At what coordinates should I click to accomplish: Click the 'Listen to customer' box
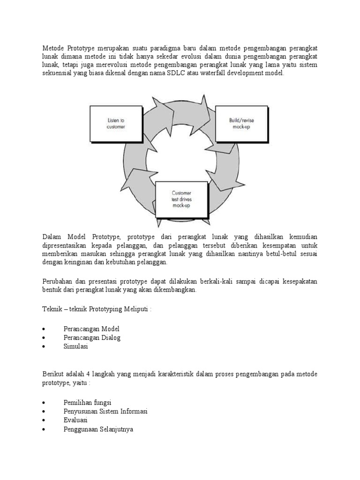[x=116, y=124]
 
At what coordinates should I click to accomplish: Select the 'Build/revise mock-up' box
[x=241, y=124]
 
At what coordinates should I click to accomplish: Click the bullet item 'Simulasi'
[x=75, y=347]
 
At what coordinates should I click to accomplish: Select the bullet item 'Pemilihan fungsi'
[x=87, y=402]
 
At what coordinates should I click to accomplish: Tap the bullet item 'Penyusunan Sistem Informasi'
[x=105, y=411]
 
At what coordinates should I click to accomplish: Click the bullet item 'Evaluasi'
[x=75, y=420]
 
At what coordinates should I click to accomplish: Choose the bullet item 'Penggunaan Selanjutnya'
[x=98, y=429]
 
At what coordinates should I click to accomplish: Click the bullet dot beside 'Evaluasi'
[x=44, y=420]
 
